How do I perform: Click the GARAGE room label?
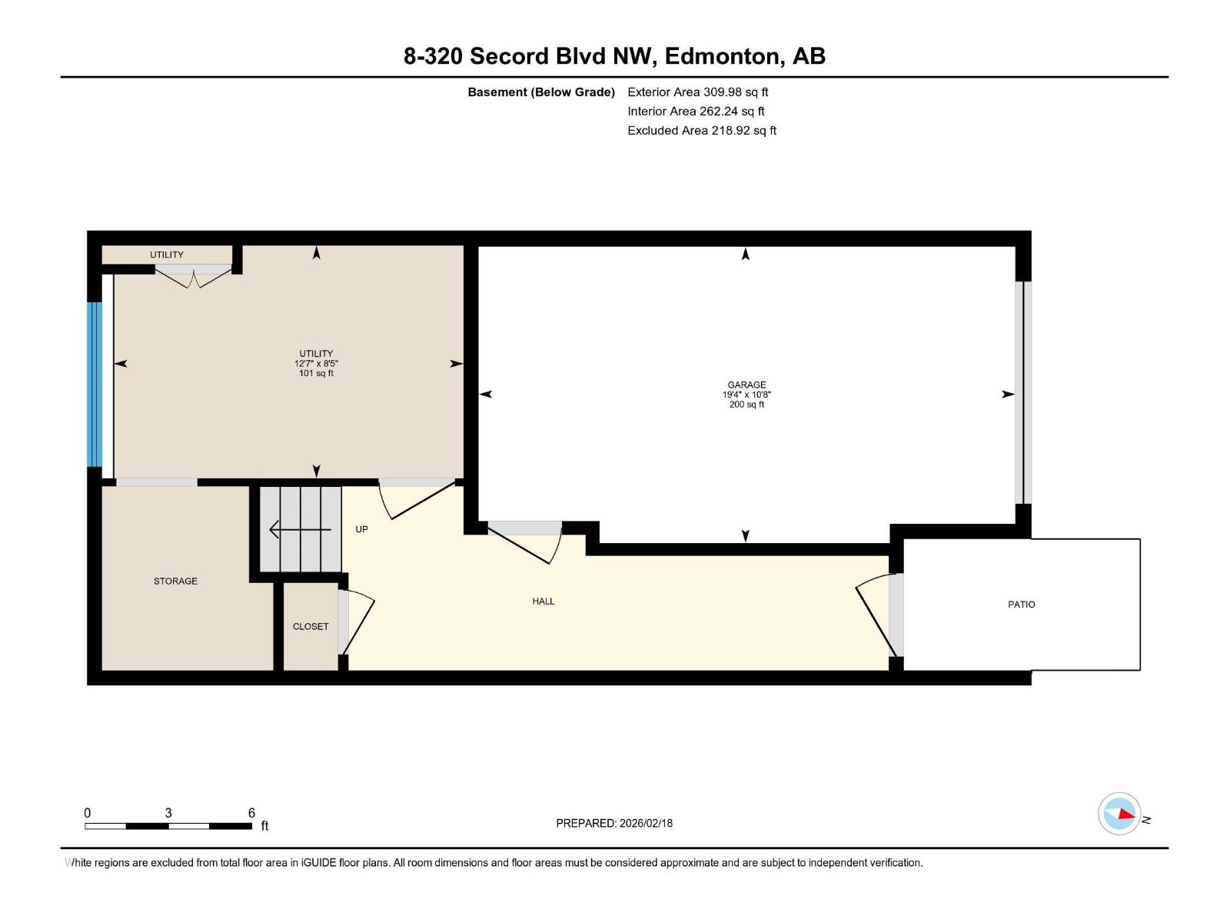click(746, 385)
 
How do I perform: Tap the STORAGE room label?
click(175, 581)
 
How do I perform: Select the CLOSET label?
click(311, 627)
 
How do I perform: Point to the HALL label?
click(543, 601)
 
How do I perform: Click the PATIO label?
click(1021, 604)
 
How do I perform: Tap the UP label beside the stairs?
click(361, 529)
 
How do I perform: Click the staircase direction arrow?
click(300, 529)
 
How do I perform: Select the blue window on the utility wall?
click(95, 385)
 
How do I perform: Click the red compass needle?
click(1126, 815)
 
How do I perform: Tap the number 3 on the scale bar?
click(168, 812)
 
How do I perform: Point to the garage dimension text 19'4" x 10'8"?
click(746, 395)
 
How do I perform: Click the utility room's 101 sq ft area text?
click(316, 373)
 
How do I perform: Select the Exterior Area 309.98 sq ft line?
click(698, 92)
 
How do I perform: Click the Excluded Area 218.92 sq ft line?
click(702, 131)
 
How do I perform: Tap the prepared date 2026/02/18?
click(646, 823)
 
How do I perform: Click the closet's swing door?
click(357, 622)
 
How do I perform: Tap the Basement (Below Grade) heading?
click(541, 92)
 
